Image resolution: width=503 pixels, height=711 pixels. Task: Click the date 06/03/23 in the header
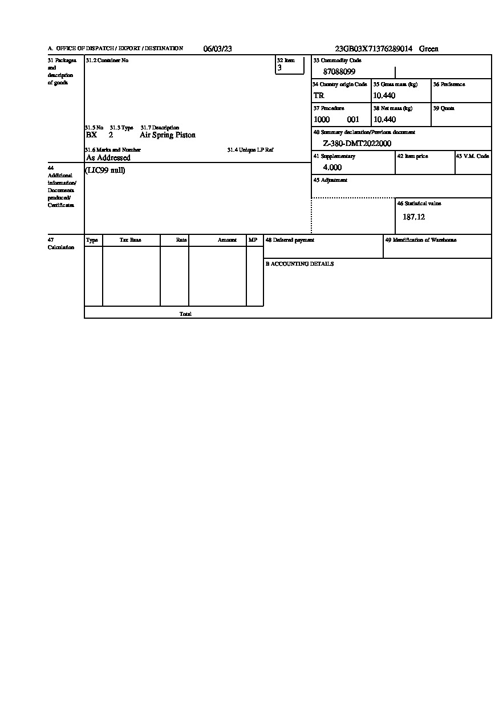pos(217,49)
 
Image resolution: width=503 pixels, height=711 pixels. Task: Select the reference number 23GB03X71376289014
pos(374,49)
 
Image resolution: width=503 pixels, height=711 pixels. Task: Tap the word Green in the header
pos(429,49)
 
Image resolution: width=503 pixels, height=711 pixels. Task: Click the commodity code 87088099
pos(339,72)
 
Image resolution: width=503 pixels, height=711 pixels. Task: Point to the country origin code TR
pos(319,96)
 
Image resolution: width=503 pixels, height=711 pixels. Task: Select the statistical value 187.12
pos(413,217)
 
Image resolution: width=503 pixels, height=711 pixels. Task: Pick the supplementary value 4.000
pos(332,168)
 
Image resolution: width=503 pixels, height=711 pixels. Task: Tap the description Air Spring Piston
pos(168,135)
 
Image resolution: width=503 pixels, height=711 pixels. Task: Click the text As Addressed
pos(108,158)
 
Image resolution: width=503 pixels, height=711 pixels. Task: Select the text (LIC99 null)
pos(105,170)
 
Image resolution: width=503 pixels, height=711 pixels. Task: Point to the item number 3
pos(279,68)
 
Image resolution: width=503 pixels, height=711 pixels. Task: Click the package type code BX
pos(91,135)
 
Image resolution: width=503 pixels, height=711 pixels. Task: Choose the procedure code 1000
pos(322,120)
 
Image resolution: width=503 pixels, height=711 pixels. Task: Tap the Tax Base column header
pos(130,241)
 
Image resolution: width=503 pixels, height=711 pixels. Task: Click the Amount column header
pos(227,241)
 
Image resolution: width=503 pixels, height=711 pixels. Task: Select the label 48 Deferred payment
pos(290,240)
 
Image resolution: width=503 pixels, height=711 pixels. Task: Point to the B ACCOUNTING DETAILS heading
pos(299,264)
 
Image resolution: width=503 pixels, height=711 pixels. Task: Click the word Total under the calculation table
pos(185,314)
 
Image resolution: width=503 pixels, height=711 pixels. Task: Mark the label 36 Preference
pos(449,84)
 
